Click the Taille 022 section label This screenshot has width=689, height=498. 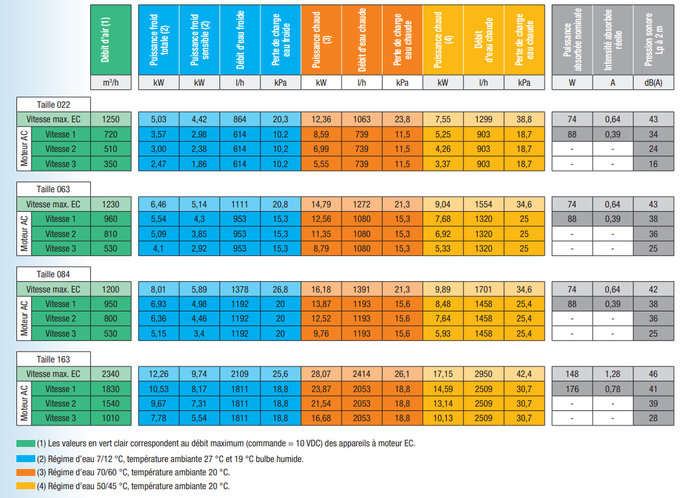coord(54,104)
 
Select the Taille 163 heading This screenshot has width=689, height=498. coord(54,359)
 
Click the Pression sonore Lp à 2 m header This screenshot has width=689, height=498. coord(654,39)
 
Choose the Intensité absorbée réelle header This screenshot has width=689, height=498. coord(613,39)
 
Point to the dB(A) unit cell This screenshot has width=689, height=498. coord(654,83)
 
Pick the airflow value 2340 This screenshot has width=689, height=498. coord(110,374)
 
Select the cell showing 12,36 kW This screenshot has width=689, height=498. coord(321,119)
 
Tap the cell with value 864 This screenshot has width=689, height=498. coord(240,119)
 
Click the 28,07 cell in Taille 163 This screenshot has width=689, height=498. coord(321,374)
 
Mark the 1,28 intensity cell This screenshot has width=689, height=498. coord(613,374)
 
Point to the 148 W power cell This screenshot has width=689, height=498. coord(572,374)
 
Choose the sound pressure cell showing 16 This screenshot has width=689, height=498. coord(654,164)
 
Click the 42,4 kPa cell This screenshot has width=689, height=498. coord(524,374)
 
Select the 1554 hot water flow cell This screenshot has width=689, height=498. coord(483,204)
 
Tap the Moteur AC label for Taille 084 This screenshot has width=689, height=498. coord(24,319)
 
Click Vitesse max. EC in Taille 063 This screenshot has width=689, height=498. coord(54,204)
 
